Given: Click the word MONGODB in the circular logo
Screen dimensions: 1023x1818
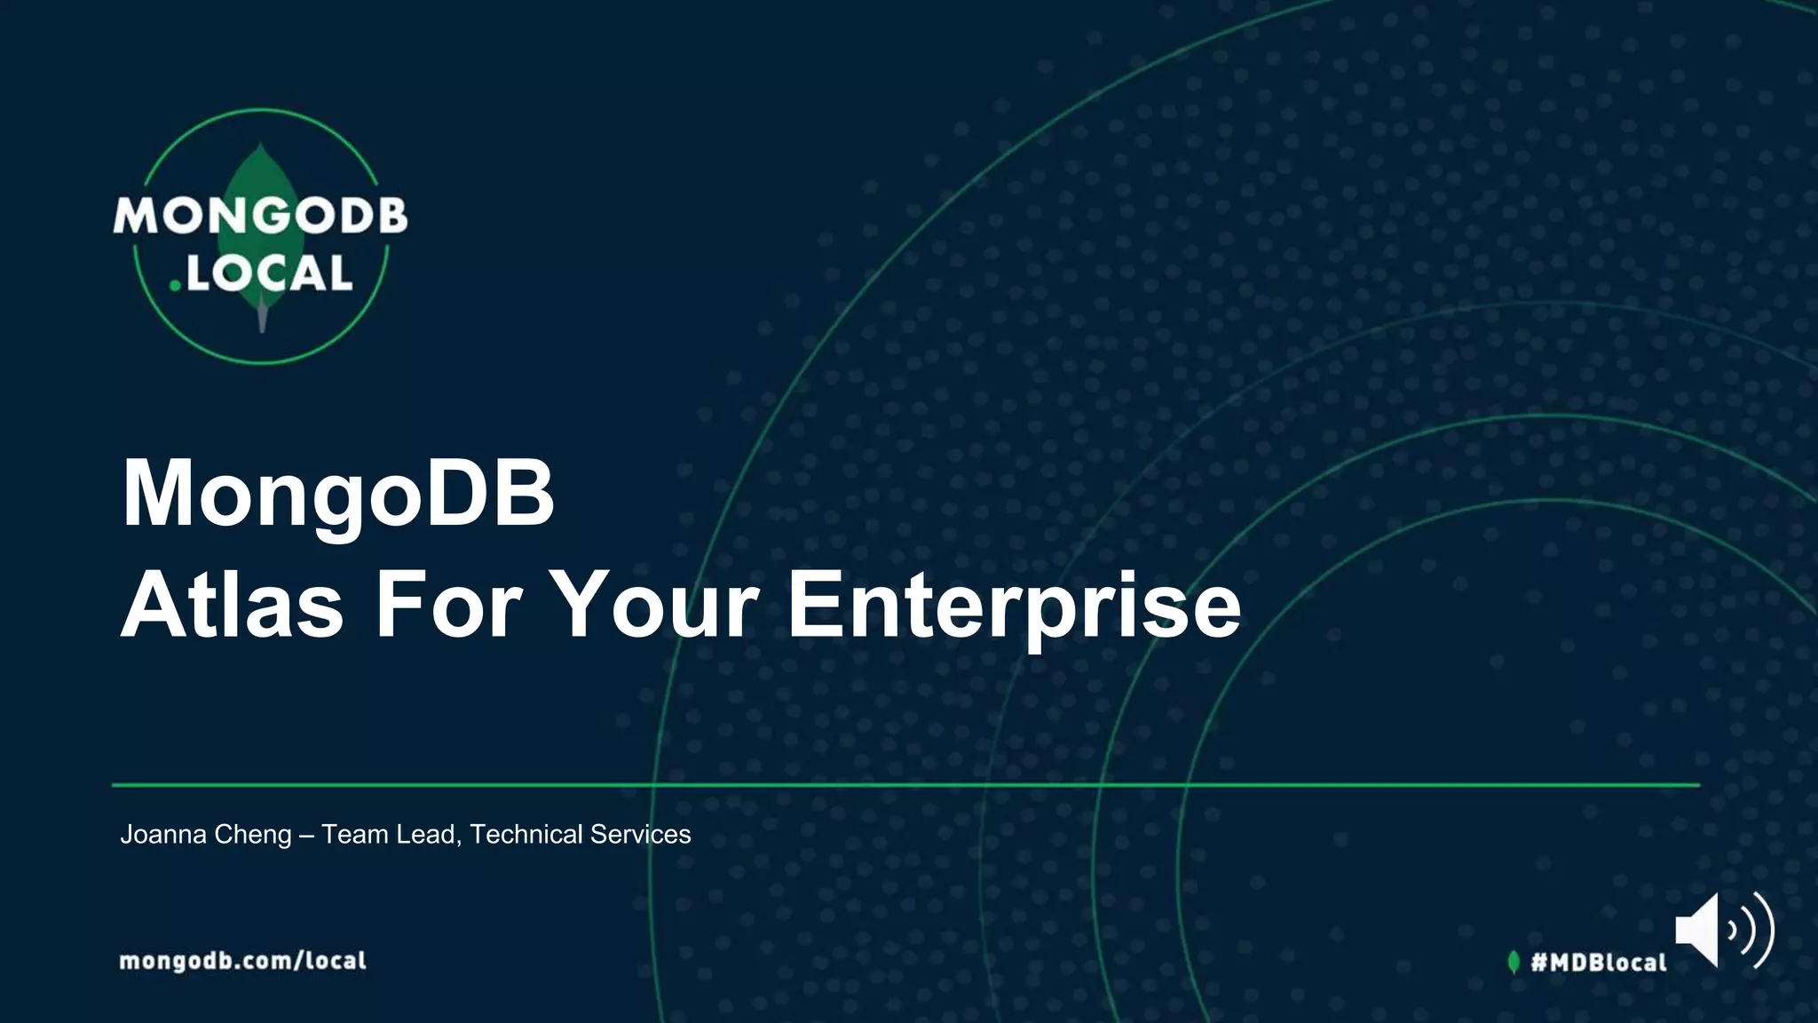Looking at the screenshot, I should (x=260, y=216).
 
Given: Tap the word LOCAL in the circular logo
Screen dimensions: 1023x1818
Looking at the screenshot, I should (x=269, y=274).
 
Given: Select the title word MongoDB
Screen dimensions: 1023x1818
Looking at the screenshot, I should (x=338, y=494).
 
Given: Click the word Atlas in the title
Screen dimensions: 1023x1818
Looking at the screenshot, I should (x=232, y=606).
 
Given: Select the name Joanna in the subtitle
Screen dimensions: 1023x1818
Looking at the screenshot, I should (x=163, y=835).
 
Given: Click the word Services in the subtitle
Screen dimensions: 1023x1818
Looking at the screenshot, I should (x=640, y=835).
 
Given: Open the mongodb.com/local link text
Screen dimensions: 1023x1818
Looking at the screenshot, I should (x=242, y=961).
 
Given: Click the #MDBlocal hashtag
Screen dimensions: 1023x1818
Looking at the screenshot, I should (x=1599, y=963).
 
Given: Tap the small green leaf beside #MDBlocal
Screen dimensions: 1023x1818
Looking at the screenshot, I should (x=1514, y=962).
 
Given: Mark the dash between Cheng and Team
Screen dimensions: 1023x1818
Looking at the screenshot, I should (x=306, y=836).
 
